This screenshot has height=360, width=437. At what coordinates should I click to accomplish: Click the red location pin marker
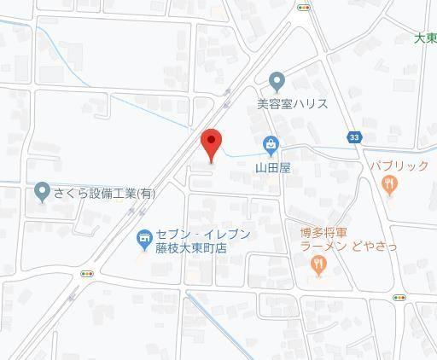(x=211, y=144)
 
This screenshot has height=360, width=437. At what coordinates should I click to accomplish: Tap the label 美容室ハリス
(x=293, y=105)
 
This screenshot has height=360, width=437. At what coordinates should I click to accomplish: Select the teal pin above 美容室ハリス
(x=277, y=82)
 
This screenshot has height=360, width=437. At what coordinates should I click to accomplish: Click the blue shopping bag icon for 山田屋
(x=271, y=146)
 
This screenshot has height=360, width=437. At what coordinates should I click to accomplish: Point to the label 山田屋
(x=274, y=168)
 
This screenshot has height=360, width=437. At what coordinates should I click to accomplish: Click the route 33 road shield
(x=353, y=137)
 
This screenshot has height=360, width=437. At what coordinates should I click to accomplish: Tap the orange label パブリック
(x=399, y=165)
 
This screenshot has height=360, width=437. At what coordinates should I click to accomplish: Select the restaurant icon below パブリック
(x=391, y=183)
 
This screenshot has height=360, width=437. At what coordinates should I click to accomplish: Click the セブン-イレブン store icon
(x=143, y=241)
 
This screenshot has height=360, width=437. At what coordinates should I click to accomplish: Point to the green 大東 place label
(x=425, y=38)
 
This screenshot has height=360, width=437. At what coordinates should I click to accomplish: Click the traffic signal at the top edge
(x=304, y=7)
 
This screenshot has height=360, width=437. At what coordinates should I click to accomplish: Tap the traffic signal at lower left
(x=86, y=274)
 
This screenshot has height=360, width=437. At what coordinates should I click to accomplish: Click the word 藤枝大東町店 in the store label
(x=190, y=248)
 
